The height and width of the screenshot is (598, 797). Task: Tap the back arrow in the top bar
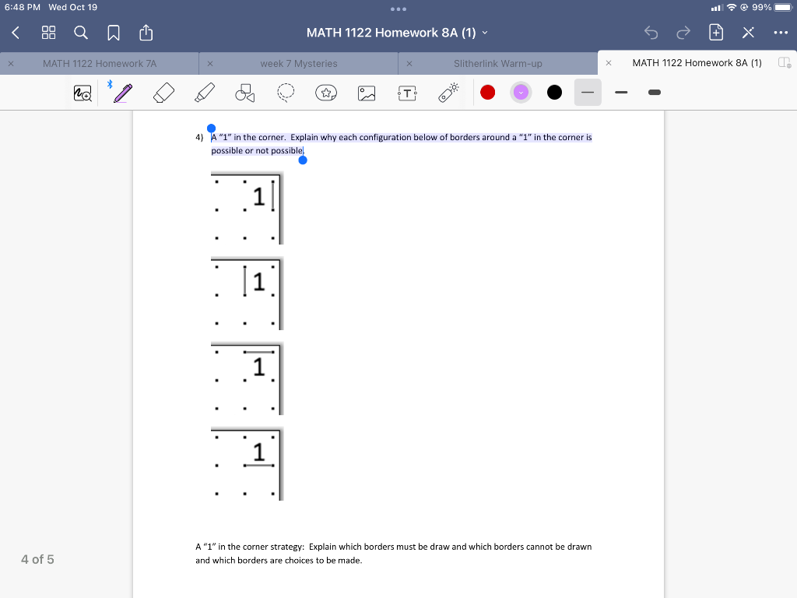[16, 33]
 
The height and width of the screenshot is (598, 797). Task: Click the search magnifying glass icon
[81, 33]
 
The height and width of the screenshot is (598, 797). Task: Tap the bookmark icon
[114, 33]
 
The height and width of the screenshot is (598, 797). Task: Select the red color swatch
[487, 93]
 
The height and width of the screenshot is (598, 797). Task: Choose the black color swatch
[554, 93]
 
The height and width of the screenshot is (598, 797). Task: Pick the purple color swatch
[521, 93]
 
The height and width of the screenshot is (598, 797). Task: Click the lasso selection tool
[286, 93]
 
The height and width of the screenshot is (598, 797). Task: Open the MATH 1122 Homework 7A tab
[100, 64]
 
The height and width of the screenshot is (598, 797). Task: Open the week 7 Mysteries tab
[299, 64]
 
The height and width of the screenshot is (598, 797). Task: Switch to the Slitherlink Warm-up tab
[498, 64]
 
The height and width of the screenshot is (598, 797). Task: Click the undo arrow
[651, 33]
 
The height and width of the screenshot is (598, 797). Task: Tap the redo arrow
[683, 33]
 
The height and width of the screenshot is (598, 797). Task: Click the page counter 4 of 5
[37, 559]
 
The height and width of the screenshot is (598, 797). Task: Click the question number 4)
[199, 137]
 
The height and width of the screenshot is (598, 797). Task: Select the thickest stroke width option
[655, 93]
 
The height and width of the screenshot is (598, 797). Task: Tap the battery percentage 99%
[761, 7]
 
